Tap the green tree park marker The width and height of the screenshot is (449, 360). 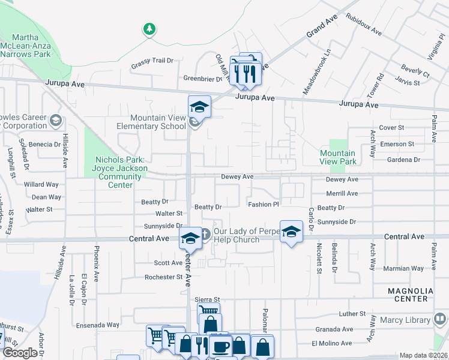click(149, 28)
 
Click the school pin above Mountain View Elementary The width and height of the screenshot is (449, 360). click(199, 107)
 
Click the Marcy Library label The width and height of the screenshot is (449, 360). click(400, 320)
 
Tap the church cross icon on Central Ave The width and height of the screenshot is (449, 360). click(205, 234)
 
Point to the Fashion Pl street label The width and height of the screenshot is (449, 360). click(264, 205)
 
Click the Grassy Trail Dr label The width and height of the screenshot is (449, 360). click(152, 61)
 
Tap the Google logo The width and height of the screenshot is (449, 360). click(20, 353)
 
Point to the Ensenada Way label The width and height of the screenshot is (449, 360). click(97, 325)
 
